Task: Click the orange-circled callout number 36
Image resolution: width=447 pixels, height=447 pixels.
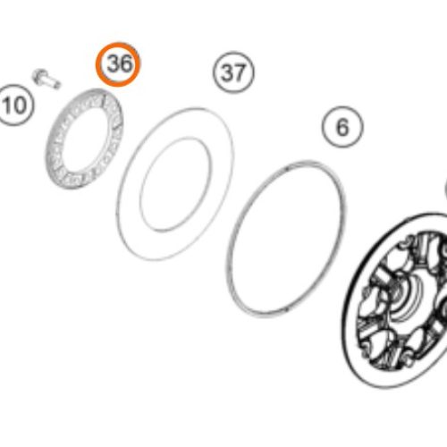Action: [x=118, y=64]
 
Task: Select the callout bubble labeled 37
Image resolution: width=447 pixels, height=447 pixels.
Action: [x=233, y=72]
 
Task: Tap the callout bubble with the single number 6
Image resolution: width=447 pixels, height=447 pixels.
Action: [x=342, y=127]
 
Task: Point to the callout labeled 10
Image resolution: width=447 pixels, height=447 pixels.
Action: [x=14, y=105]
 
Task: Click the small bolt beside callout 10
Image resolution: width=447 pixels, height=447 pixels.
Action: [x=46, y=79]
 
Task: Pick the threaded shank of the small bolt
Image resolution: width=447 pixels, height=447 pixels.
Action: [x=54, y=82]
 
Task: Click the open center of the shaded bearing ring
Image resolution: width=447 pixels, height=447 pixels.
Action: [x=84, y=139]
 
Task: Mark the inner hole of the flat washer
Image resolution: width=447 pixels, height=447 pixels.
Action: [x=176, y=184]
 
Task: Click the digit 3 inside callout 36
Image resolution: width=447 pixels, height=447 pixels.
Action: [x=113, y=64]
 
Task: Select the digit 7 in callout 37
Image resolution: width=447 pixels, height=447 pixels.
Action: [x=240, y=73]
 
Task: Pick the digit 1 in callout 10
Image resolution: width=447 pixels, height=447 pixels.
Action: [x=6, y=105]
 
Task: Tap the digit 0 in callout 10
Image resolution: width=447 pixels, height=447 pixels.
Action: [x=20, y=105]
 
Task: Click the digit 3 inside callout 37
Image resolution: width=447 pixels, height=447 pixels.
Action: [x=227, y=73]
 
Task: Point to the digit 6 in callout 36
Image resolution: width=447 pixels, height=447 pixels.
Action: [x=125, y=64]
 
